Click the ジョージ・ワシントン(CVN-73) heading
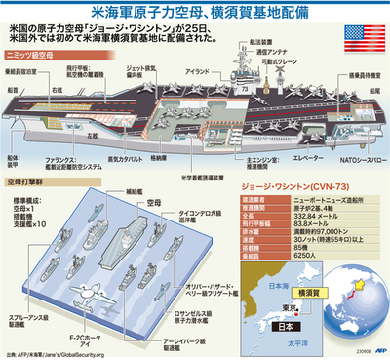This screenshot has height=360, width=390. (x=282, y=182)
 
